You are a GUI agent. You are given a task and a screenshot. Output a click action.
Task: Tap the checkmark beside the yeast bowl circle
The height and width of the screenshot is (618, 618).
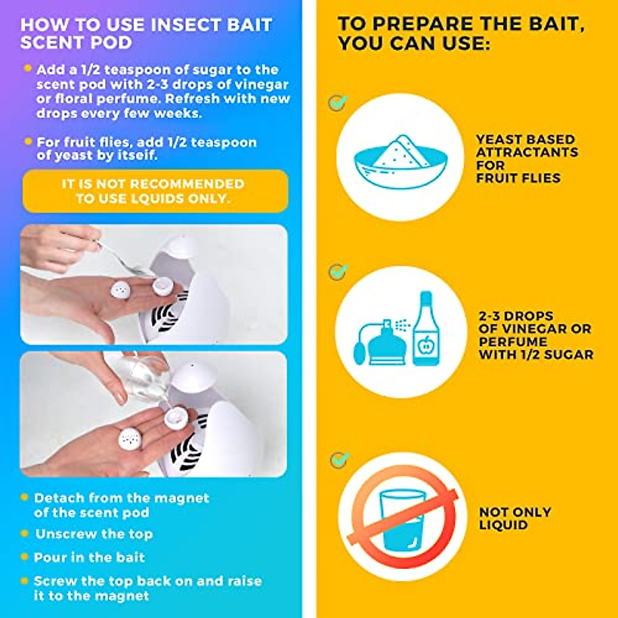tap(338, 102)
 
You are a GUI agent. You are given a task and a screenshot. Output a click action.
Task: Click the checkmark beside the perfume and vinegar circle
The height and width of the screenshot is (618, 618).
tap(338, 271)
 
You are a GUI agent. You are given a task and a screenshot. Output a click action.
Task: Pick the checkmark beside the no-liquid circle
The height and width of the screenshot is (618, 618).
tap(339, 459)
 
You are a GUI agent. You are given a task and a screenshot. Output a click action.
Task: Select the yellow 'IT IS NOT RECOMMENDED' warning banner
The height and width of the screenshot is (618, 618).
tap(155, 191)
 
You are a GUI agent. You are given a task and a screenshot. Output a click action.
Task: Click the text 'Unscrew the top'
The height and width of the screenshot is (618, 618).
tap(94, 534)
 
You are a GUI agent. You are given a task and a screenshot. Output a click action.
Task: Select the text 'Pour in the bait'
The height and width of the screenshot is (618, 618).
tap(89, 557)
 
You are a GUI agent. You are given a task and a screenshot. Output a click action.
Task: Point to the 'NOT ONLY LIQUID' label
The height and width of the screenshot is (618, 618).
tap(514, 519)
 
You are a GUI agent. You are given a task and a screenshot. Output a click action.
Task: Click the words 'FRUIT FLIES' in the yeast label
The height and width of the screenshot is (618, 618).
tap(518, 178)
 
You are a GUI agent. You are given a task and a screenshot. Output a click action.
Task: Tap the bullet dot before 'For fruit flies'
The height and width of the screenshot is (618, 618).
tap(28, 141)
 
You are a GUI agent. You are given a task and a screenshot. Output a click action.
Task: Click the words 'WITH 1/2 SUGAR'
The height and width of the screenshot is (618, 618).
tap(536, 354)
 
